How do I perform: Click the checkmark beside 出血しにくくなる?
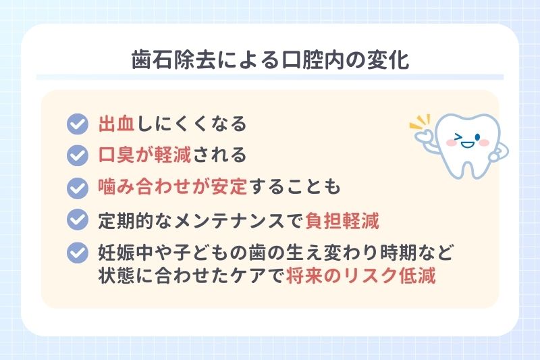[x=78, y=124]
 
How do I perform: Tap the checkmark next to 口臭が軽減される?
[x=78, y=155]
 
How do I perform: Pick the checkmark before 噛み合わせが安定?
[x=78, y=186]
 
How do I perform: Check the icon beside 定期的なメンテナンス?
[x=78, y=219]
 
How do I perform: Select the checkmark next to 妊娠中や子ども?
[x=78, y=252]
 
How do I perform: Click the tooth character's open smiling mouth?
[x=468, y=144]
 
